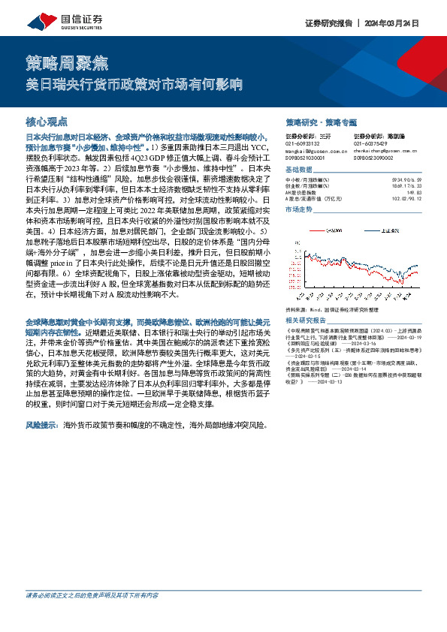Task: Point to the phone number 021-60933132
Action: click(x=304, y=143)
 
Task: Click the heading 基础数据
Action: click(x=298, y=171)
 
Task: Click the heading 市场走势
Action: click(x=298, y=209)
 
